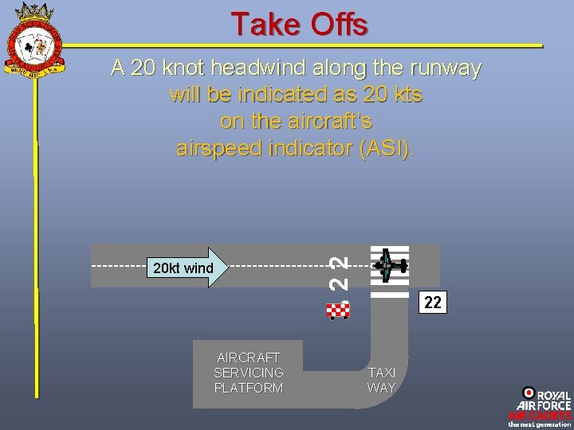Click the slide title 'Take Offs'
299,24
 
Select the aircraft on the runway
389,266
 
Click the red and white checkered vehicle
339,310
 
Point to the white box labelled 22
432,303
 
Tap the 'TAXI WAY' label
381,381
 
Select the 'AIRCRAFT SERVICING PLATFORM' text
249,373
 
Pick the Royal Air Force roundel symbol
528,393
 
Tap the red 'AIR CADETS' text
540,416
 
